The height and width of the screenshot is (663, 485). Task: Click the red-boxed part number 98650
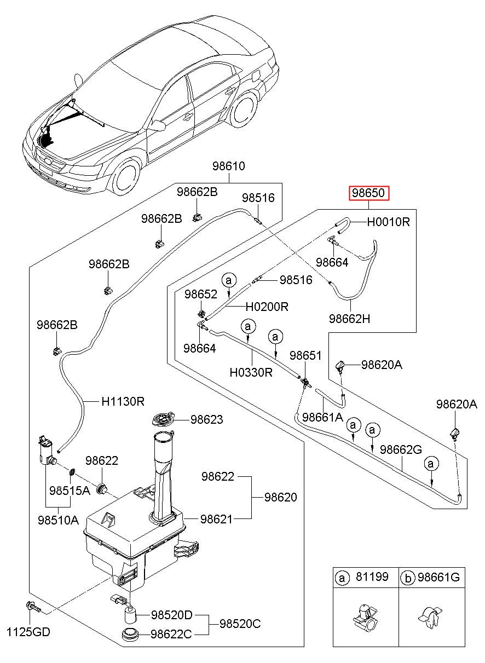click(x=370, y=193)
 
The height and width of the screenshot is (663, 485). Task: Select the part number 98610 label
click(x=228, y=166)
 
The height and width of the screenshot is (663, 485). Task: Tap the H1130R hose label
click(x=123, y=401)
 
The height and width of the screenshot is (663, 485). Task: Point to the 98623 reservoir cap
click(x=162, y=420)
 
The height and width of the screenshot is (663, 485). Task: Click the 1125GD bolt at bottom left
click(x=32, y=607)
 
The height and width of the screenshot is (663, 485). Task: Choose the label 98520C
click(x=240, y=624)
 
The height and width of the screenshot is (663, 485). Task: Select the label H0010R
click(x=388, y=222)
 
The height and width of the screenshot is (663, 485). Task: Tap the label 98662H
click(x=349, y=318)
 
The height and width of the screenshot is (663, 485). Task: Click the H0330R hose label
click(x=251, y=372)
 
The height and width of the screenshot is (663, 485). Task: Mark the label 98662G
click(x=401, y=449)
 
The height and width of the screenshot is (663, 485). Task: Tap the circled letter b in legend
click(x=407, y=577)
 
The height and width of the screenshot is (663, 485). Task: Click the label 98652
click(x=201, y=294)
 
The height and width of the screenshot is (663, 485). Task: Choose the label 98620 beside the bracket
click(x=280, y=497)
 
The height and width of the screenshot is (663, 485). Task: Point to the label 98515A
click(x=70, y=491)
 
